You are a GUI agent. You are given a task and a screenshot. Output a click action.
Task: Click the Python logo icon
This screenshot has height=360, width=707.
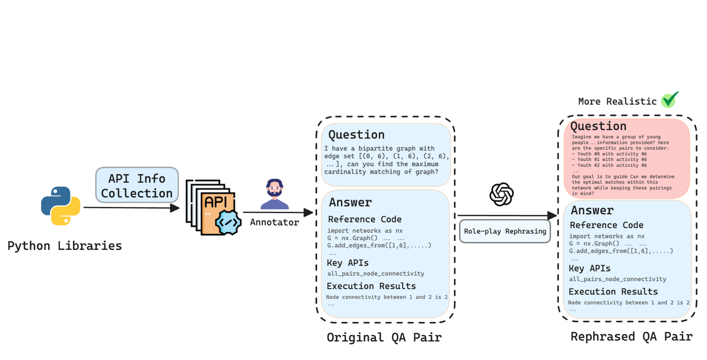61,206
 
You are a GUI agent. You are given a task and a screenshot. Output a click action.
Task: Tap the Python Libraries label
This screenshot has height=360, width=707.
65,246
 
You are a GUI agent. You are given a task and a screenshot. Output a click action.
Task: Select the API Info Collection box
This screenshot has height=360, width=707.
137,185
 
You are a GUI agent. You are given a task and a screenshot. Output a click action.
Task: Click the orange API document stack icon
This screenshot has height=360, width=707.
213,208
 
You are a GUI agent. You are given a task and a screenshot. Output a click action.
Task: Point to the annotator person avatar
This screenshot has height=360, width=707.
275,194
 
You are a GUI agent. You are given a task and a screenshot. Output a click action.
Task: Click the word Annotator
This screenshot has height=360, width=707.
275,222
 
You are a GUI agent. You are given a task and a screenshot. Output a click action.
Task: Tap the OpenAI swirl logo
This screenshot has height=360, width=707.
501,194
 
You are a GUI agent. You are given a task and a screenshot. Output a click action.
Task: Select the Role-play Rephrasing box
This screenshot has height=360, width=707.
505,231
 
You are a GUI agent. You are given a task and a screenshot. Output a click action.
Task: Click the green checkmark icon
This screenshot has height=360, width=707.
670,99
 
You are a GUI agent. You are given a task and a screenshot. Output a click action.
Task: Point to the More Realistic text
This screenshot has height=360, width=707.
617,102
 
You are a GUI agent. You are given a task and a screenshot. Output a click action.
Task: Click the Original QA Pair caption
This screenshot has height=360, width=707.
384,338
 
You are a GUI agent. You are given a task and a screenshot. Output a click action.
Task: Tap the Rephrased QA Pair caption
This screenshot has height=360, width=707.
631,337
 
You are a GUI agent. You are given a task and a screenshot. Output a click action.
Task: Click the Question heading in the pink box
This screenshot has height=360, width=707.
598,126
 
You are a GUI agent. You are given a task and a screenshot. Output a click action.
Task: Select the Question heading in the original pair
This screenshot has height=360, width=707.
356,135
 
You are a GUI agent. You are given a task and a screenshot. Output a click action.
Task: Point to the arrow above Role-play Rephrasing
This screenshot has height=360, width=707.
507,215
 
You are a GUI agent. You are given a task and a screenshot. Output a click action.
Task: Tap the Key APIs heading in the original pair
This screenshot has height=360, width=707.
348,263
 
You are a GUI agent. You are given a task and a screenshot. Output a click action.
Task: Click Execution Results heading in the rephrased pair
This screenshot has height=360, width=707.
613,292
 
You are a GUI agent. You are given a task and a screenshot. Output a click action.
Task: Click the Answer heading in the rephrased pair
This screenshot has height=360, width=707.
592,210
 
